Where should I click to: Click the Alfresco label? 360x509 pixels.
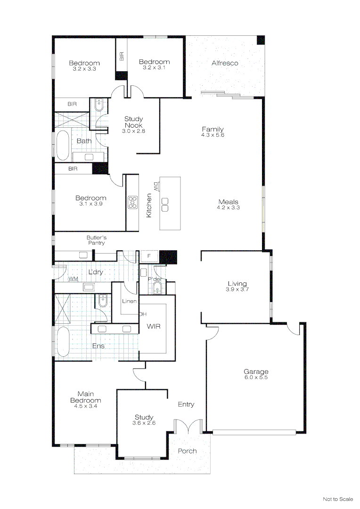[225, 63]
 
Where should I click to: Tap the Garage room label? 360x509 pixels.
[256, 371]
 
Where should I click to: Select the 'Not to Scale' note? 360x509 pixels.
[337, 499]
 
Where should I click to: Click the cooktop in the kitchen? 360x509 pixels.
[132, 202]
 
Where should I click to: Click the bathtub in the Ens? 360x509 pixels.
[62, 342]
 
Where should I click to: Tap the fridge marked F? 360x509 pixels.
[149, 256]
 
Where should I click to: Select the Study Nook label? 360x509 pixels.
[133, 122]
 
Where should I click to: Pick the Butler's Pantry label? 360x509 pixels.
[96, 240]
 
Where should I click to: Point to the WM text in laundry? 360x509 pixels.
[73, 279]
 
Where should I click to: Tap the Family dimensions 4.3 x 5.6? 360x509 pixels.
[213, 135]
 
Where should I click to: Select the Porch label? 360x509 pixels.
[187, 451]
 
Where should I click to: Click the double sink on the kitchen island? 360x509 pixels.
[165, 204]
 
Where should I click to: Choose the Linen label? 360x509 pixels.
[129, 301]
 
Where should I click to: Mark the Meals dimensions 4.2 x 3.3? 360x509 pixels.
[228, 207]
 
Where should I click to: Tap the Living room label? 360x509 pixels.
[237, 284]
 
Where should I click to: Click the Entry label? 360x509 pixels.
[186, 404]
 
